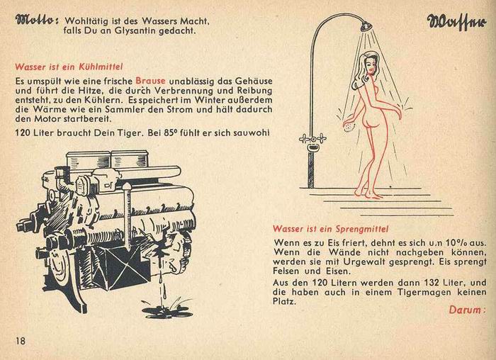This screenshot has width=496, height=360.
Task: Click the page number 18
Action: coord(21,341)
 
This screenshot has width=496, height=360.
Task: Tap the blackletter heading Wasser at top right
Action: coord(456,22)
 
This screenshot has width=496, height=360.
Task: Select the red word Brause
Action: coord(150,81)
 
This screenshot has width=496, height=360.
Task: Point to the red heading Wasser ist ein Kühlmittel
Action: coord(69,67)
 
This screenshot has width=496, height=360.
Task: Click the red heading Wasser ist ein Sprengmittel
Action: coord(331,229)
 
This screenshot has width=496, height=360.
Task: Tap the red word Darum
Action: coord(467,310)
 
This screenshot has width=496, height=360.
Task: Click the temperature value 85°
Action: coord(171,133)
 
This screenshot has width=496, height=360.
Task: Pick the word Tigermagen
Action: coord(424,292)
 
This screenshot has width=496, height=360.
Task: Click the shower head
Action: coord(366,26)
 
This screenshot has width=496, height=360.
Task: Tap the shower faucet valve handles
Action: coord(313,138)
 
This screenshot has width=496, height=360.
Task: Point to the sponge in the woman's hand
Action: coord(349,127)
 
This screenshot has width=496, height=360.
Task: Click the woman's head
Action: coord(368,66)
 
